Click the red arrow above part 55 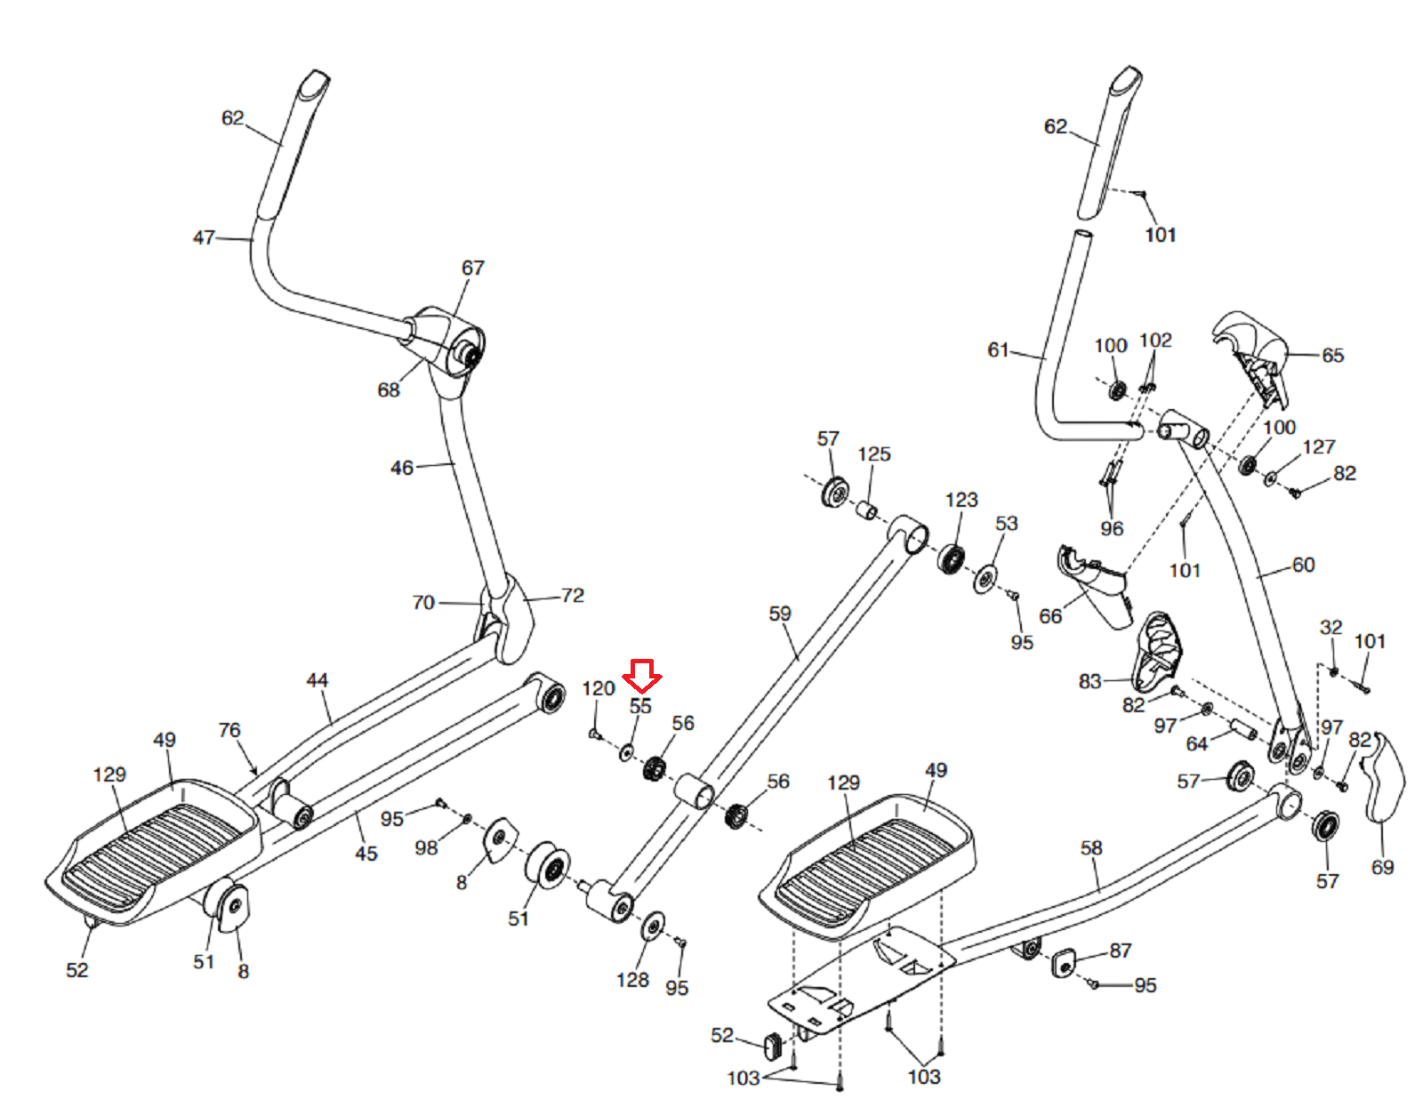click(641, 676)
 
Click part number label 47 click(204, 237)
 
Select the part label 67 click(473, 268)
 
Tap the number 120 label click(599, 688)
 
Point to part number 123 click(961, 500)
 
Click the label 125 click(874, 454)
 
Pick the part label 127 click(1319, 447)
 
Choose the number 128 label click(632, 980)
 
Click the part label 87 click(1121, 951)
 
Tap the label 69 click(1382, 867)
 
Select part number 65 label click(1332, 356)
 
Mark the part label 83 click(1090, 681)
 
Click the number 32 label click(1331, 627)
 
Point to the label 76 click(229, 730)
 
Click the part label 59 click(780, 614)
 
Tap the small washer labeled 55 click(626, 753)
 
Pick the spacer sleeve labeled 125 click(867, 510)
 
